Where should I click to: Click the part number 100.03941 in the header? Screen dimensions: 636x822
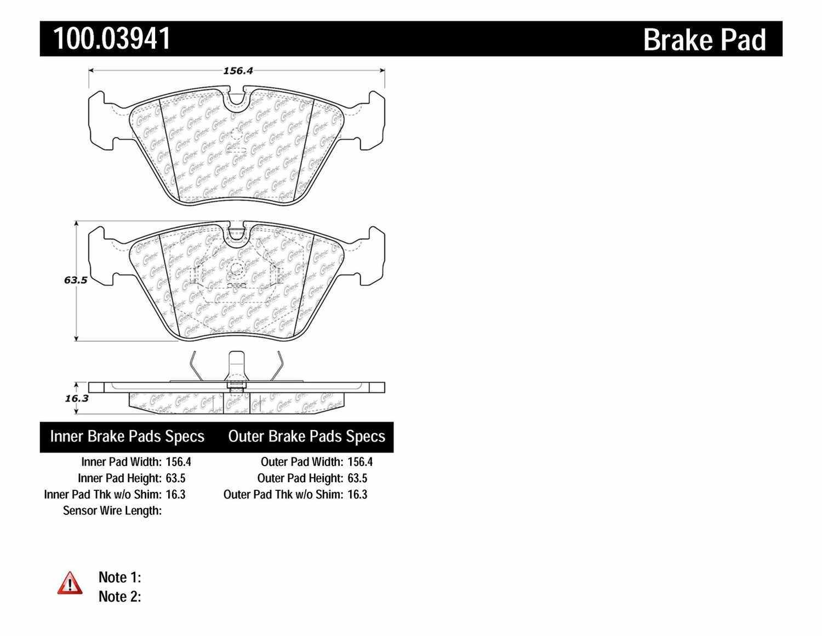tap(111, 39)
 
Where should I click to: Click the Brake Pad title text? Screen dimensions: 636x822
tap(704, 40)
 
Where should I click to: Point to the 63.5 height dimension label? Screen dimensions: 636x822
tap(76, 280)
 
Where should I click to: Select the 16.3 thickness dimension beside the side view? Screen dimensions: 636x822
tap(76, 398)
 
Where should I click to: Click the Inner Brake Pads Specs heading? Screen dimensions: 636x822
tap(127, 437)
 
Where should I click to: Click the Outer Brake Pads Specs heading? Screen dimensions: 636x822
tap(306, 437)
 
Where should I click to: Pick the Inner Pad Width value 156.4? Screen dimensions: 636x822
tap(178, 462)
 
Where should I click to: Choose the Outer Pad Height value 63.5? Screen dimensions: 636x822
tap(357, 478)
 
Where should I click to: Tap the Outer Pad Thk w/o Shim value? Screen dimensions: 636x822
tap(357, 495)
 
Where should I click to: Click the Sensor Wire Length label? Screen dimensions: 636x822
tap(112, 511)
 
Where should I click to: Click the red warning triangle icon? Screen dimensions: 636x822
tap(70, 583)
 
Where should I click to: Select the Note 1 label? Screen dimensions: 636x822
tap(119, 577)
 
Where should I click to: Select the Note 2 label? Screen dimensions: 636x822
tap(119, 597)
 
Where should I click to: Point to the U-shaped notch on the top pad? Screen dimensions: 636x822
tap(236, 100)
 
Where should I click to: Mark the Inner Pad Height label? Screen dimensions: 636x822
tap(119, 478)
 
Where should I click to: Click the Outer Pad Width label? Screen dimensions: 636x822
tap(302, 462)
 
